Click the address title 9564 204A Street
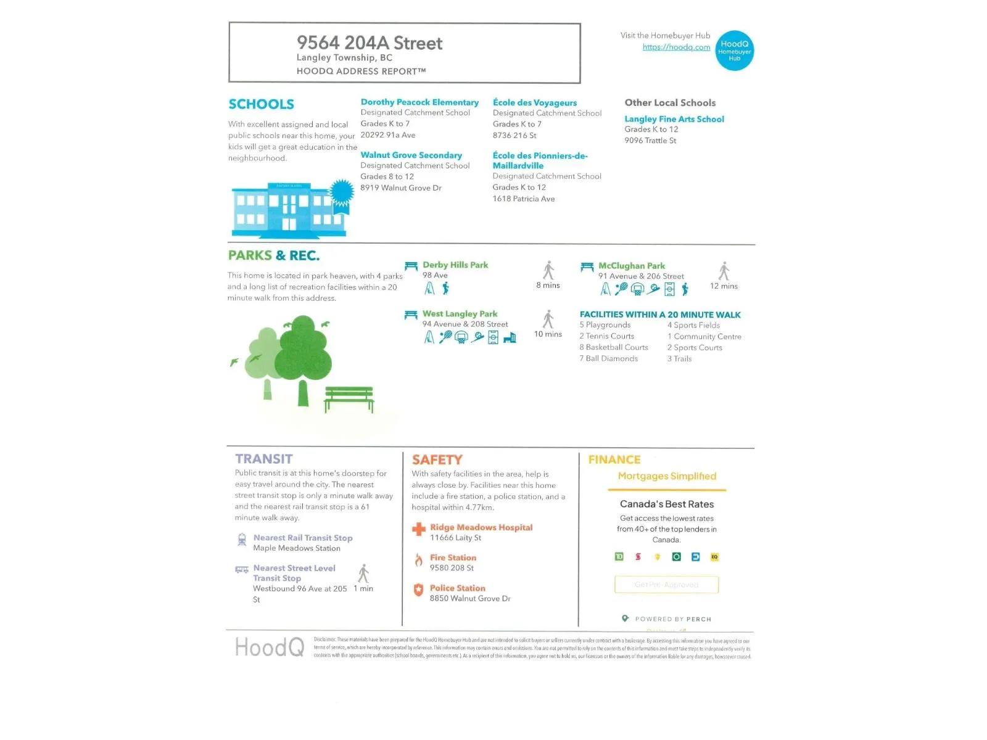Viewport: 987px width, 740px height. click(x=369, y=43)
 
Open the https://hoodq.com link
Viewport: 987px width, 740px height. click(x=676, y=47)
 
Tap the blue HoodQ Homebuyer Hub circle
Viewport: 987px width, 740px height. click(x=734, y=51)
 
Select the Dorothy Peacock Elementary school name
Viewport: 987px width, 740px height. click(x=419, y=102)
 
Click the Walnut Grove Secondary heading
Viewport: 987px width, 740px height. click(x=411, y=155)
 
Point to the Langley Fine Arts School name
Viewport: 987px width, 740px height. click(x=674, y=119)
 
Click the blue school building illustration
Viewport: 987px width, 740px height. click(x=290, y=210)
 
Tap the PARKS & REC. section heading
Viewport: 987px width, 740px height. click(x=274, y=255)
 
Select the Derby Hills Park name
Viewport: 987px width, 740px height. click(x=455, y=265)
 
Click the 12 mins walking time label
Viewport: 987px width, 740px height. click(x=724, y=286)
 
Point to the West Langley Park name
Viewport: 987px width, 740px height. click(x=460, y=314)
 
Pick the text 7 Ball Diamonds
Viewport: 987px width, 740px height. click(x=608, y=359)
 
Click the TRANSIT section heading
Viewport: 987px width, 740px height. click(x=264, y=459)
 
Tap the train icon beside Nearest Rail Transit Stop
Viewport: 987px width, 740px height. click(x=242, y=540)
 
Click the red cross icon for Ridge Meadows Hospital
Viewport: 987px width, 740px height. click(x=419, y=529)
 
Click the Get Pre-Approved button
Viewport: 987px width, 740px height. click(x=666, y=585)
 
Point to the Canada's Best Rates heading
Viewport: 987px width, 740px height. click(x=667, y=504)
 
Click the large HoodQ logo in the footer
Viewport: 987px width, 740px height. click(x=270, y=647)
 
